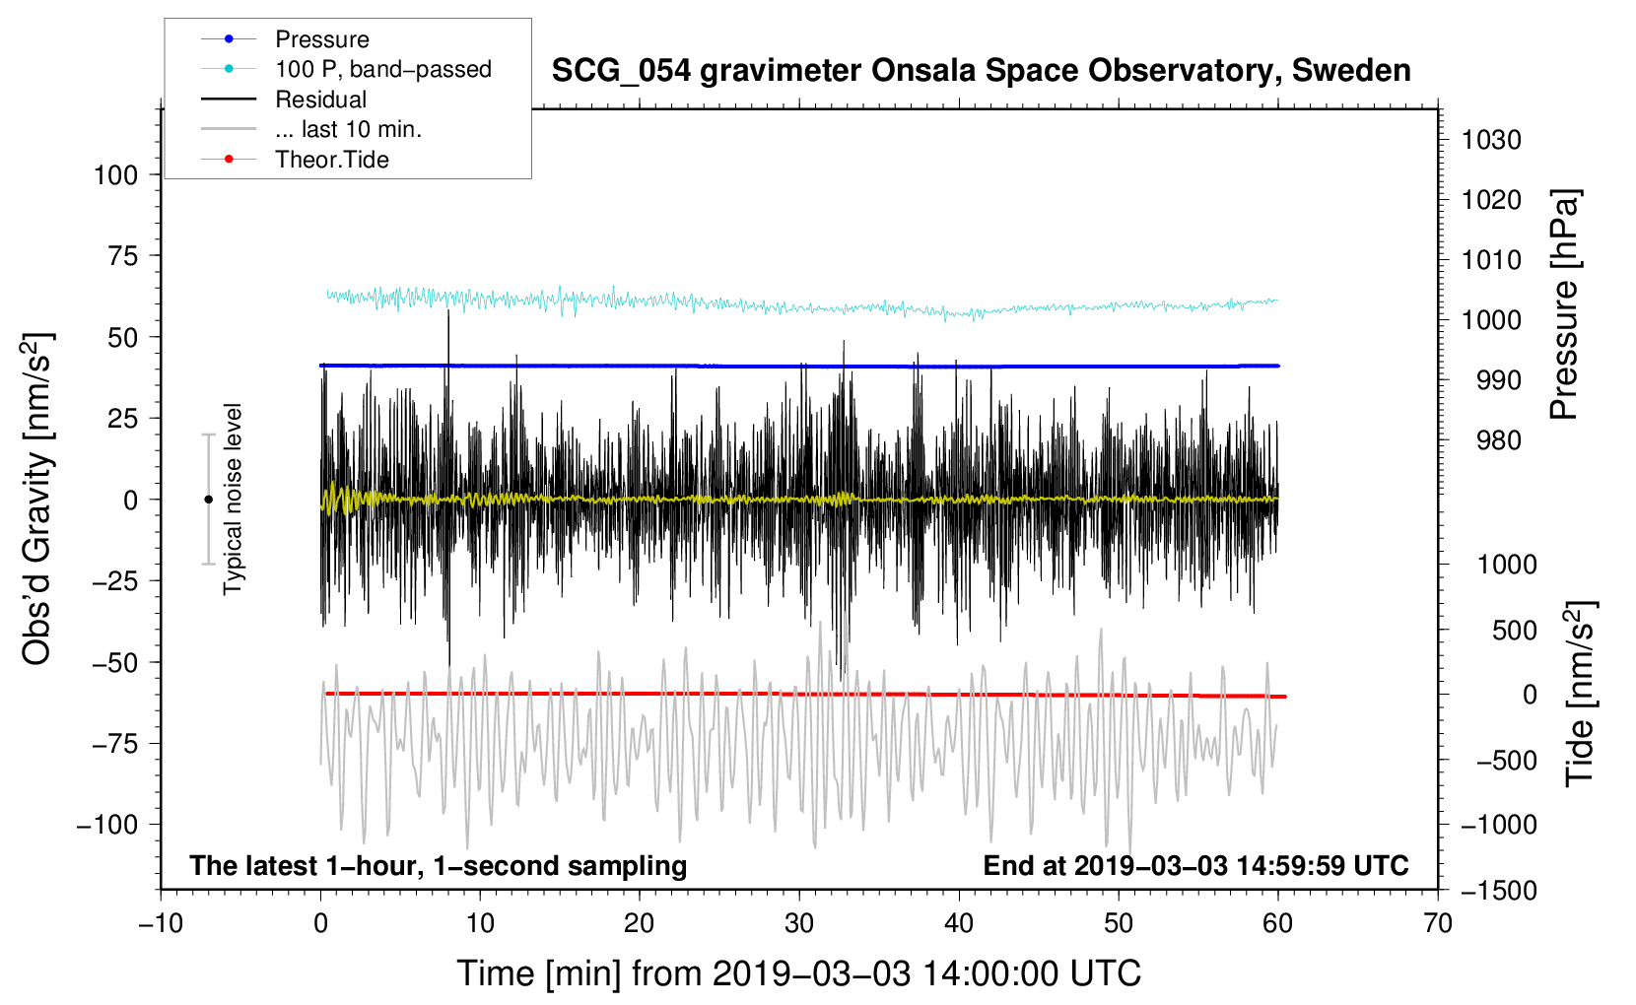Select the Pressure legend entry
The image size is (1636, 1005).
tap(322, 39)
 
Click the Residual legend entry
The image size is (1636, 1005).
tap(320, 100)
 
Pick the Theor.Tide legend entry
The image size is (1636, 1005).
tap(331, 160)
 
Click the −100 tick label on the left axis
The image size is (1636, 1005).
tap(107, 825)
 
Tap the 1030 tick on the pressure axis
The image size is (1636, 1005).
tap(1491, 140)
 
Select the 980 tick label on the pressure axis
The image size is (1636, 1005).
tap(1499, 440)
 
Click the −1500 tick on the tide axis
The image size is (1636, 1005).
tap(1499, 891)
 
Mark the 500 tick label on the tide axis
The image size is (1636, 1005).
tap(1514, 630)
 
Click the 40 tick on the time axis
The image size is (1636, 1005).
tap(958, 923)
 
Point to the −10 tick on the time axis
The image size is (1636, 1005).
tap(161, 923)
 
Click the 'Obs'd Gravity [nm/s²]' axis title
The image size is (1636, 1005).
tap(36, 499)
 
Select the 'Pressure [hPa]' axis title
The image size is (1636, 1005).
tap(1564, 304)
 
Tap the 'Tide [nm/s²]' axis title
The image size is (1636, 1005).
tap(1581, 694)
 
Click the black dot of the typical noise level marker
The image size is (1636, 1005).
tap(208, 500)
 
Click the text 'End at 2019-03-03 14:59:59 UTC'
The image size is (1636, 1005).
tap(1195, 865)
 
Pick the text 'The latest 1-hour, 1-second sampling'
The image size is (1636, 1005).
tap(439, 866)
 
